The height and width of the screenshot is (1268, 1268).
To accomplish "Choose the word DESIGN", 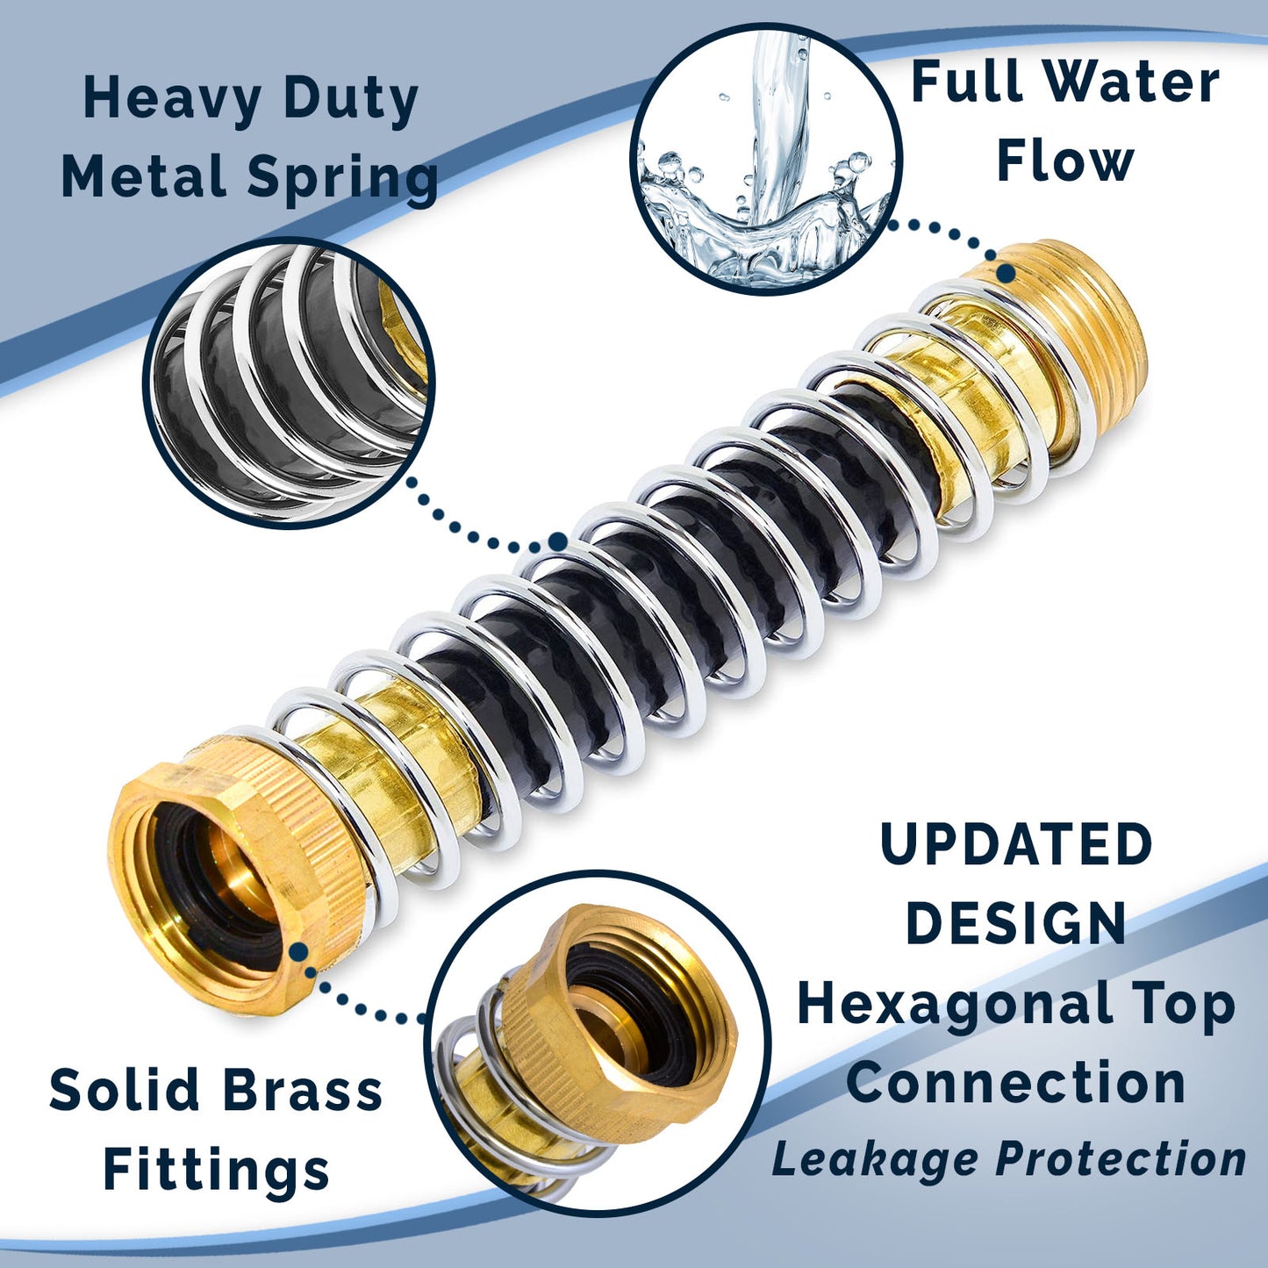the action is pyautogui.click(x=1016, y=922).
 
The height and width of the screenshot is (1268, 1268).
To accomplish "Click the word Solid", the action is pyautogui.click(x=124, y=1089).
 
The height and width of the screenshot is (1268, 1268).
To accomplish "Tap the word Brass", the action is pyautogui.click(x=303, y=1089).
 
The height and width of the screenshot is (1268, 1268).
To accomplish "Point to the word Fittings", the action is pyautogui.click(x=216, y=1171).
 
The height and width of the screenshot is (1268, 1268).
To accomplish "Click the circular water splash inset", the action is pyautogui.click(x=766, y=159).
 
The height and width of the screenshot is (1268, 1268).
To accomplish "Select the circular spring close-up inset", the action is pyautogui.click(x=288, y=383).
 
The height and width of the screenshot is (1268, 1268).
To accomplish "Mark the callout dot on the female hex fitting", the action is pyautogui.click(x=298, y=951).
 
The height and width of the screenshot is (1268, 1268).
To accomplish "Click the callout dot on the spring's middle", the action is pyautogui.click(x=558, y=541).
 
